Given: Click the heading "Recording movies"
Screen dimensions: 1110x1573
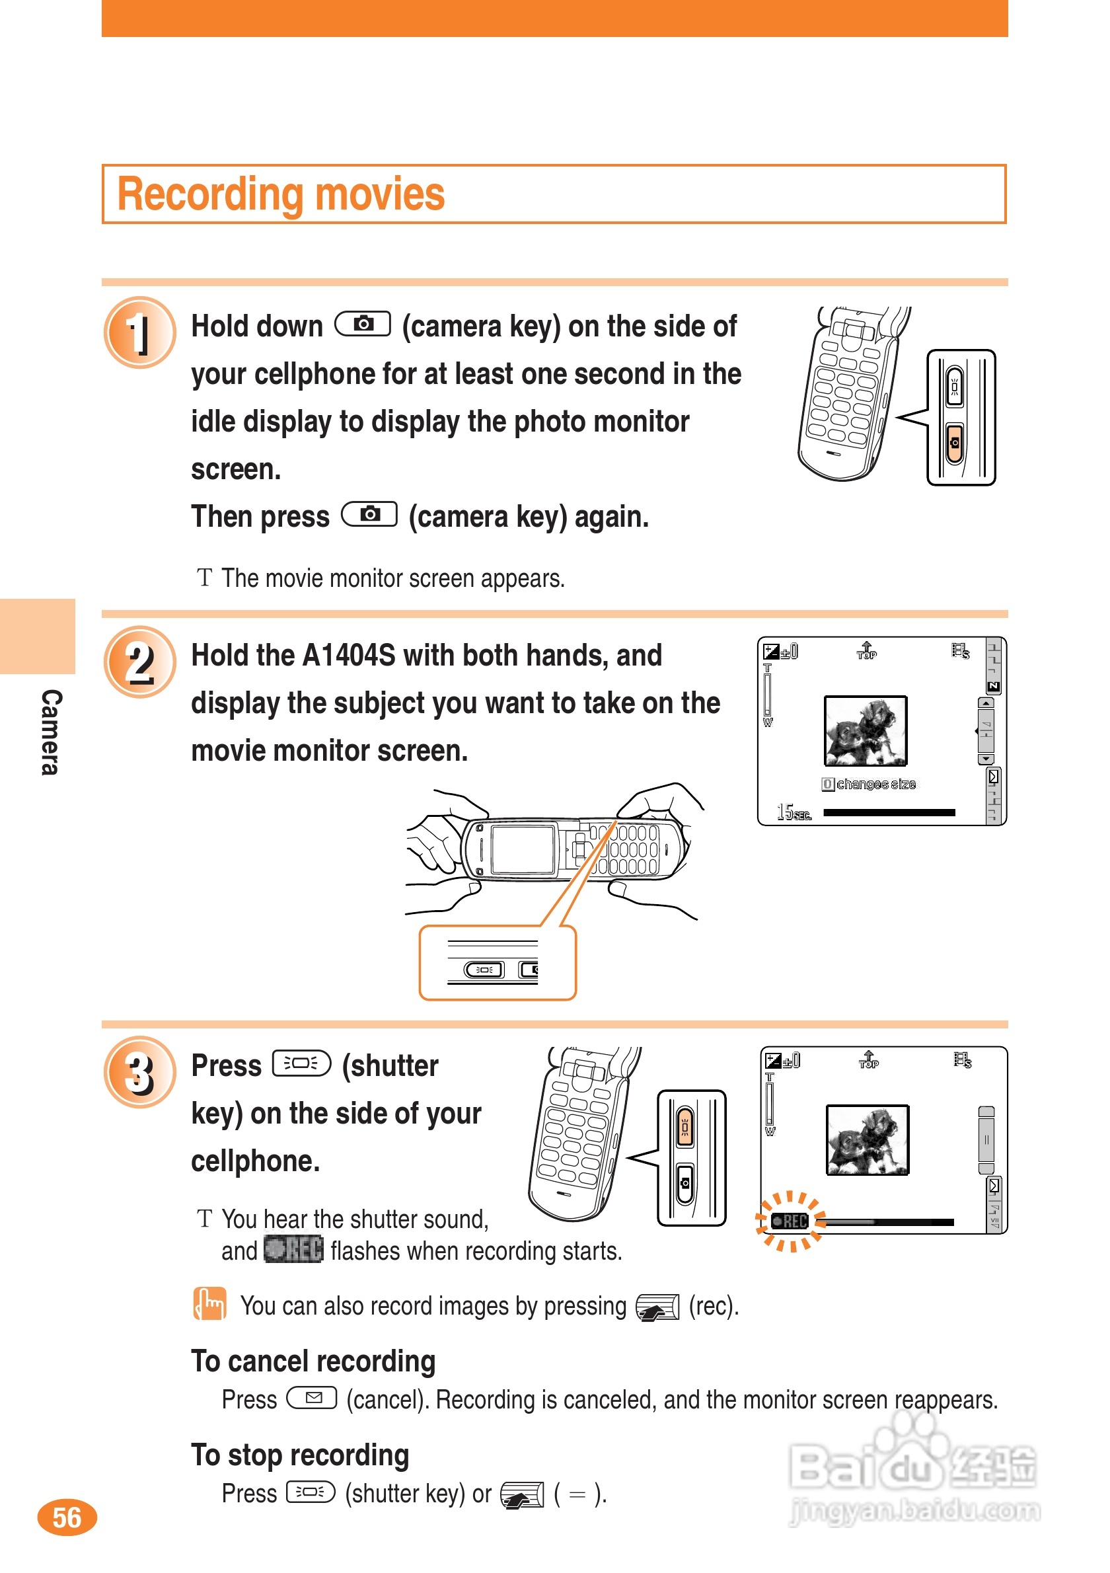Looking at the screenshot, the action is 281,194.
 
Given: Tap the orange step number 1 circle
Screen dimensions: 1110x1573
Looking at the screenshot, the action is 139,332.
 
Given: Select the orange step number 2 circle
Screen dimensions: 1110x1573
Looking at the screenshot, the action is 139,662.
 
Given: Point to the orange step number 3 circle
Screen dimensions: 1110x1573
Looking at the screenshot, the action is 139,1072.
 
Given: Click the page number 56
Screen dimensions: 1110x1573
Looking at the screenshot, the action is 67,1517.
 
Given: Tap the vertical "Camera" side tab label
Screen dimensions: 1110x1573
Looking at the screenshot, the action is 51,732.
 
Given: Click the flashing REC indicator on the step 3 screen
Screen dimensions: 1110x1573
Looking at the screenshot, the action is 790,1221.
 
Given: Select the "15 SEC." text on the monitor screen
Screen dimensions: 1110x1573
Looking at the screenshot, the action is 794,812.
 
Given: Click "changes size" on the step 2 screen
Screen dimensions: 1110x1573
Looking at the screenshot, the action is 876,784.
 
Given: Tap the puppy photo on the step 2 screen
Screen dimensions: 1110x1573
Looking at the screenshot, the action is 866,730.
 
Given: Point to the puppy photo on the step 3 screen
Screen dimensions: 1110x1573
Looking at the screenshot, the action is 868,1139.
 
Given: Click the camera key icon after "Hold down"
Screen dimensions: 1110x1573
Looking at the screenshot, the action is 363,323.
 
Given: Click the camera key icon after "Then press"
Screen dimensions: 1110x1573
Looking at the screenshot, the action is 370,514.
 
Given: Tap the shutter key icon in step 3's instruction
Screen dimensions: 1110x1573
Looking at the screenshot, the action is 301,1063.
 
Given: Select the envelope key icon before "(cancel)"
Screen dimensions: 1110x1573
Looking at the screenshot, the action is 313,1398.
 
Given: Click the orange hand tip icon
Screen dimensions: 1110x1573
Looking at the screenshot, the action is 209,1303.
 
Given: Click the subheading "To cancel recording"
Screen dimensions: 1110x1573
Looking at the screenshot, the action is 314,1361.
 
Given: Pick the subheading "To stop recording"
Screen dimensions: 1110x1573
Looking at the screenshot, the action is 300,1455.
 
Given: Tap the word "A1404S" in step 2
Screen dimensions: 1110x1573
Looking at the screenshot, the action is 349,655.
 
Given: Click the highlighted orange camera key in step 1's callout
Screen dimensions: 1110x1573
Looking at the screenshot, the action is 955,443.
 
